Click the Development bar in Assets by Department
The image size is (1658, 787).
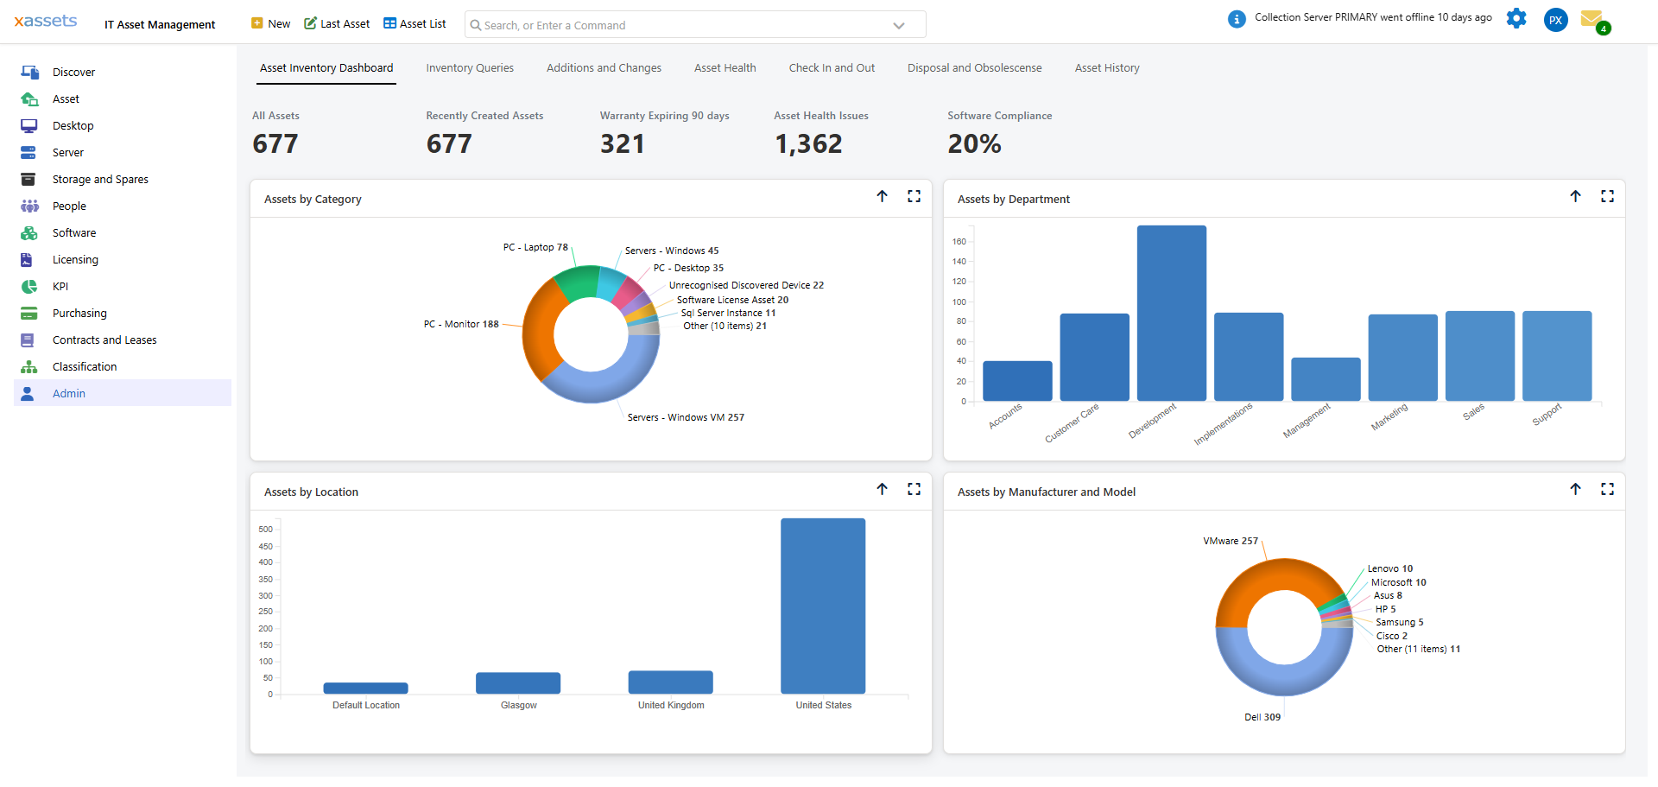coord(1171,313)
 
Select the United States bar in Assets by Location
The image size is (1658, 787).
coord(822,606)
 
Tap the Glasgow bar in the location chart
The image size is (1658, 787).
coord(517,682)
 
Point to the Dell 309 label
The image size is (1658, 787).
coord(1262,717)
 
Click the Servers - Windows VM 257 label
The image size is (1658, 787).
coord(685,417)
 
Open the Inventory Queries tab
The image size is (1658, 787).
coord(469,68)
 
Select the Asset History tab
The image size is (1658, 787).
coord(1106,68)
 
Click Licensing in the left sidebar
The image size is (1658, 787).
coord(75,260)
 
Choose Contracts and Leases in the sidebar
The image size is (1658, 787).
coord(104,340)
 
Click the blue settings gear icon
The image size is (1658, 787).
coord(1516,19)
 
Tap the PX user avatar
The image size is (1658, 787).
coord(1555,20)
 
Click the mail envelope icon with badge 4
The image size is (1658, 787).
coord(1592,19)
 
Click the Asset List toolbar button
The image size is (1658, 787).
coord(414,24)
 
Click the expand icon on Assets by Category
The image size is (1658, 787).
coord(914,197)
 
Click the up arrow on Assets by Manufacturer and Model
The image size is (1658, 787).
coord(1575,490)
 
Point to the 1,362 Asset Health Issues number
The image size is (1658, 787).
coord(807,144)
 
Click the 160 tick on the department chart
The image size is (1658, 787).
coord(959,242)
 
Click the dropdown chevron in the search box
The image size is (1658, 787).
coord(898,26)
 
